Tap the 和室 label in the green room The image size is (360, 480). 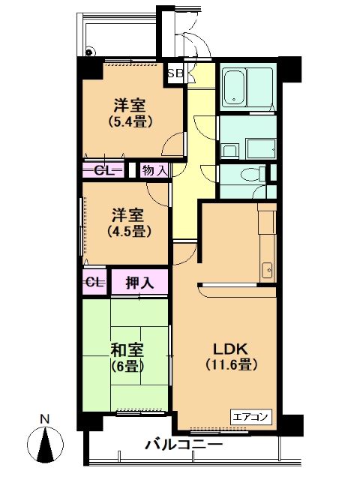(x=127, y=350)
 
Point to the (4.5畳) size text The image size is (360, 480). (x=127, y=231)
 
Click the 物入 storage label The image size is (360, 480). (x=154, y=170)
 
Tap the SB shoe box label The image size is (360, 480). (x=175, y=73)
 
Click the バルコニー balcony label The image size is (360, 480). (x=184, y=445)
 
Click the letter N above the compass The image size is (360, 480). (x=45, y=418)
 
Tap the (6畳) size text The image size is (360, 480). (x=127, y=366)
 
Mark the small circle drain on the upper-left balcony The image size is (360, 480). (x=90, y=52)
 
